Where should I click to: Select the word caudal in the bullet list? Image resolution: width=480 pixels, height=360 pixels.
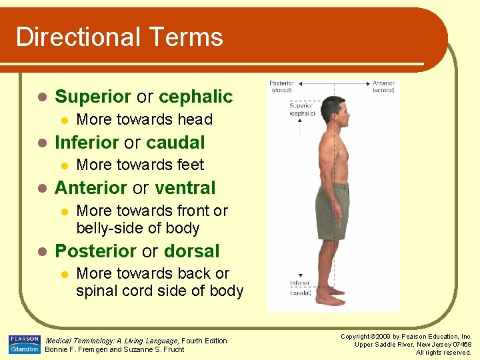pos(175,142)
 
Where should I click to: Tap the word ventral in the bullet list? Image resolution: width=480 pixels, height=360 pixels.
pos(185,188)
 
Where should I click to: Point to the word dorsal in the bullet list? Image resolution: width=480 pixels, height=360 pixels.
pos(191,251)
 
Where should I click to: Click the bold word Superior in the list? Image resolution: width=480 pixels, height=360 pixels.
pos(93,97)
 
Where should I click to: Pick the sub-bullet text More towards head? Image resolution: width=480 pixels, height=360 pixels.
pos(144,120)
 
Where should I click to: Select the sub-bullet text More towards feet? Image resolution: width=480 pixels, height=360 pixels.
pos(140,165)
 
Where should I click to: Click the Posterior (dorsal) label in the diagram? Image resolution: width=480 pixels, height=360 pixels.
pos(283,87)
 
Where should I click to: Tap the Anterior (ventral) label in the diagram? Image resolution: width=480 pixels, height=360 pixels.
pos(383,87)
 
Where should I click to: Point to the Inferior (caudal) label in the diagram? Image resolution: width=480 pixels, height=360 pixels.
pos(300,287)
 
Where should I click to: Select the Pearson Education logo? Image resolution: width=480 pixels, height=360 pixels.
pos(24,345)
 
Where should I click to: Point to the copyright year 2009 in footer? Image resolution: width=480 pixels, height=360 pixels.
pos(379,337)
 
